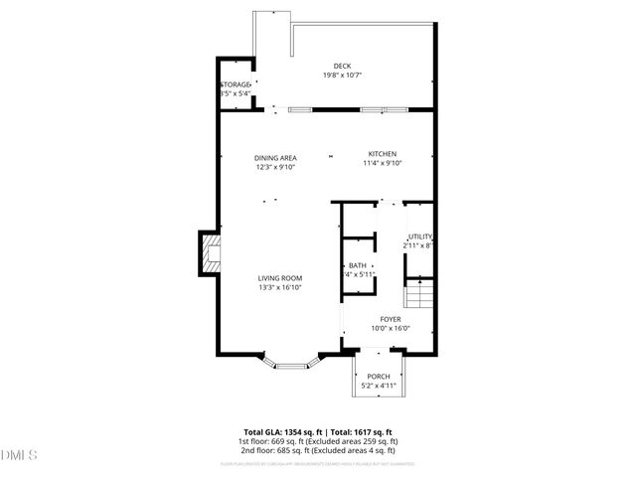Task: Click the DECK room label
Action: [342, 67]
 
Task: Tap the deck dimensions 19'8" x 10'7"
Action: [342, 76]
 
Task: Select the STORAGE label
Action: [236, 84]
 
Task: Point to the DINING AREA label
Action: [275, 157]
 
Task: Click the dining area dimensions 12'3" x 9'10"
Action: [275, 166]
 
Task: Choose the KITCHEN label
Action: [383, 154]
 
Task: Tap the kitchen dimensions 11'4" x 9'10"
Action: [383, 163]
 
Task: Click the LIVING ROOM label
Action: [280, 278]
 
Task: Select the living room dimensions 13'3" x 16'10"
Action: [280, 287]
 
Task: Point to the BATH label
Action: [358, 265]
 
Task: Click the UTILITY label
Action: [420, 236]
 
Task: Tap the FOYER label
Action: [390, 319]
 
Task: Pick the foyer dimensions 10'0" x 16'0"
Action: [390, 328]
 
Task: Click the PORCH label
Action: [379, 376]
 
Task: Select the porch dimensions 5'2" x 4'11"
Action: [379, 385]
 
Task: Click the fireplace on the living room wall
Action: [209, 252]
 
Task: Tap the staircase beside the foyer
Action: [421, 295]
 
